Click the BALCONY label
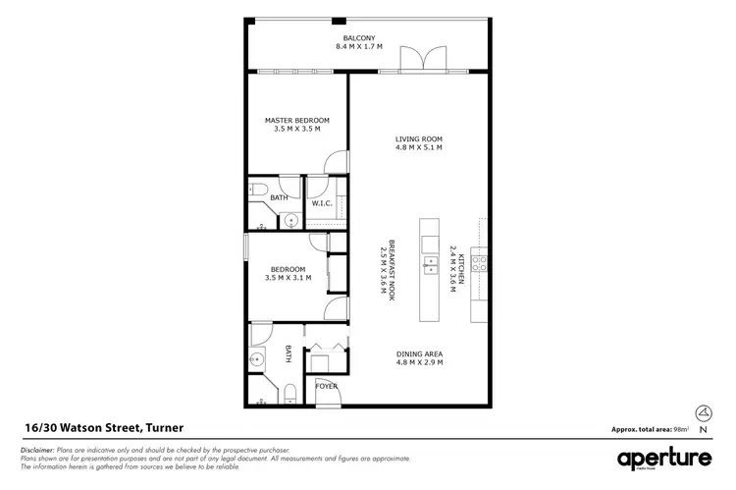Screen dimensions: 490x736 tap(355, 37)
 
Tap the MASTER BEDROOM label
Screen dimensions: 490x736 tap(297, 120)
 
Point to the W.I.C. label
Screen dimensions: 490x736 tap(325, 203)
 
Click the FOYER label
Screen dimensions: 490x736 tap(327, 386)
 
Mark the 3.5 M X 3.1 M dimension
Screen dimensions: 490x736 tap(289, 278)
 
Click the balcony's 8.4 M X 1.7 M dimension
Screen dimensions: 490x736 tap(355, 46)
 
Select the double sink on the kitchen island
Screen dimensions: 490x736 tap(430, 263)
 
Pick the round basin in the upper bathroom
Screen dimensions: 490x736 tap(291, 221)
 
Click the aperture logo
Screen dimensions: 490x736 tap(663, 460)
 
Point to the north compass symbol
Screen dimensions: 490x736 tap(701, 412)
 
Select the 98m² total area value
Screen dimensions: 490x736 tap(680, 430)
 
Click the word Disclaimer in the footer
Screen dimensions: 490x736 tap(35, 448)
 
